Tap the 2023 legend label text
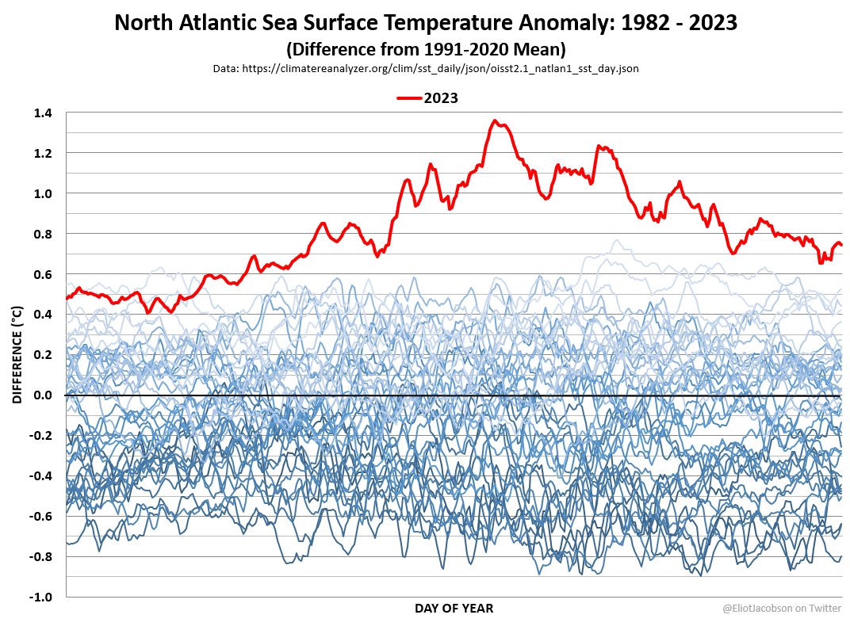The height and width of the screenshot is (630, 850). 441,98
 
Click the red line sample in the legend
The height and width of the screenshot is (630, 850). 408,98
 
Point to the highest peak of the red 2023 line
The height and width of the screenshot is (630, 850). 495,121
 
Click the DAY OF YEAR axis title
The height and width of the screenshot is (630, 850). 454,609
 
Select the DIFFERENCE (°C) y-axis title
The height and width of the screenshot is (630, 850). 17,355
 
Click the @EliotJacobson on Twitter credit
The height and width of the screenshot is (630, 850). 781,608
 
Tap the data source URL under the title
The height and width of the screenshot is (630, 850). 426,69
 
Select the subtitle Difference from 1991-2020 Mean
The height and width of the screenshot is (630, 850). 426,49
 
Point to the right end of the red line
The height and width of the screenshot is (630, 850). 840,244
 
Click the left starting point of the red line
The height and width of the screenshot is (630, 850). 67,298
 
